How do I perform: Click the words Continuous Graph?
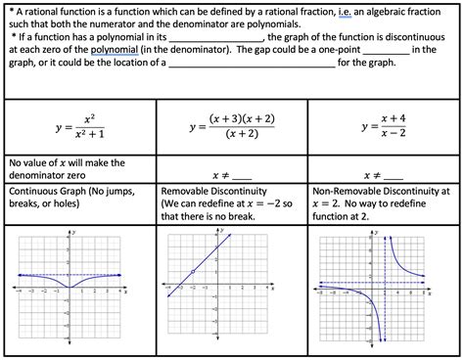(x=45, y=192)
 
